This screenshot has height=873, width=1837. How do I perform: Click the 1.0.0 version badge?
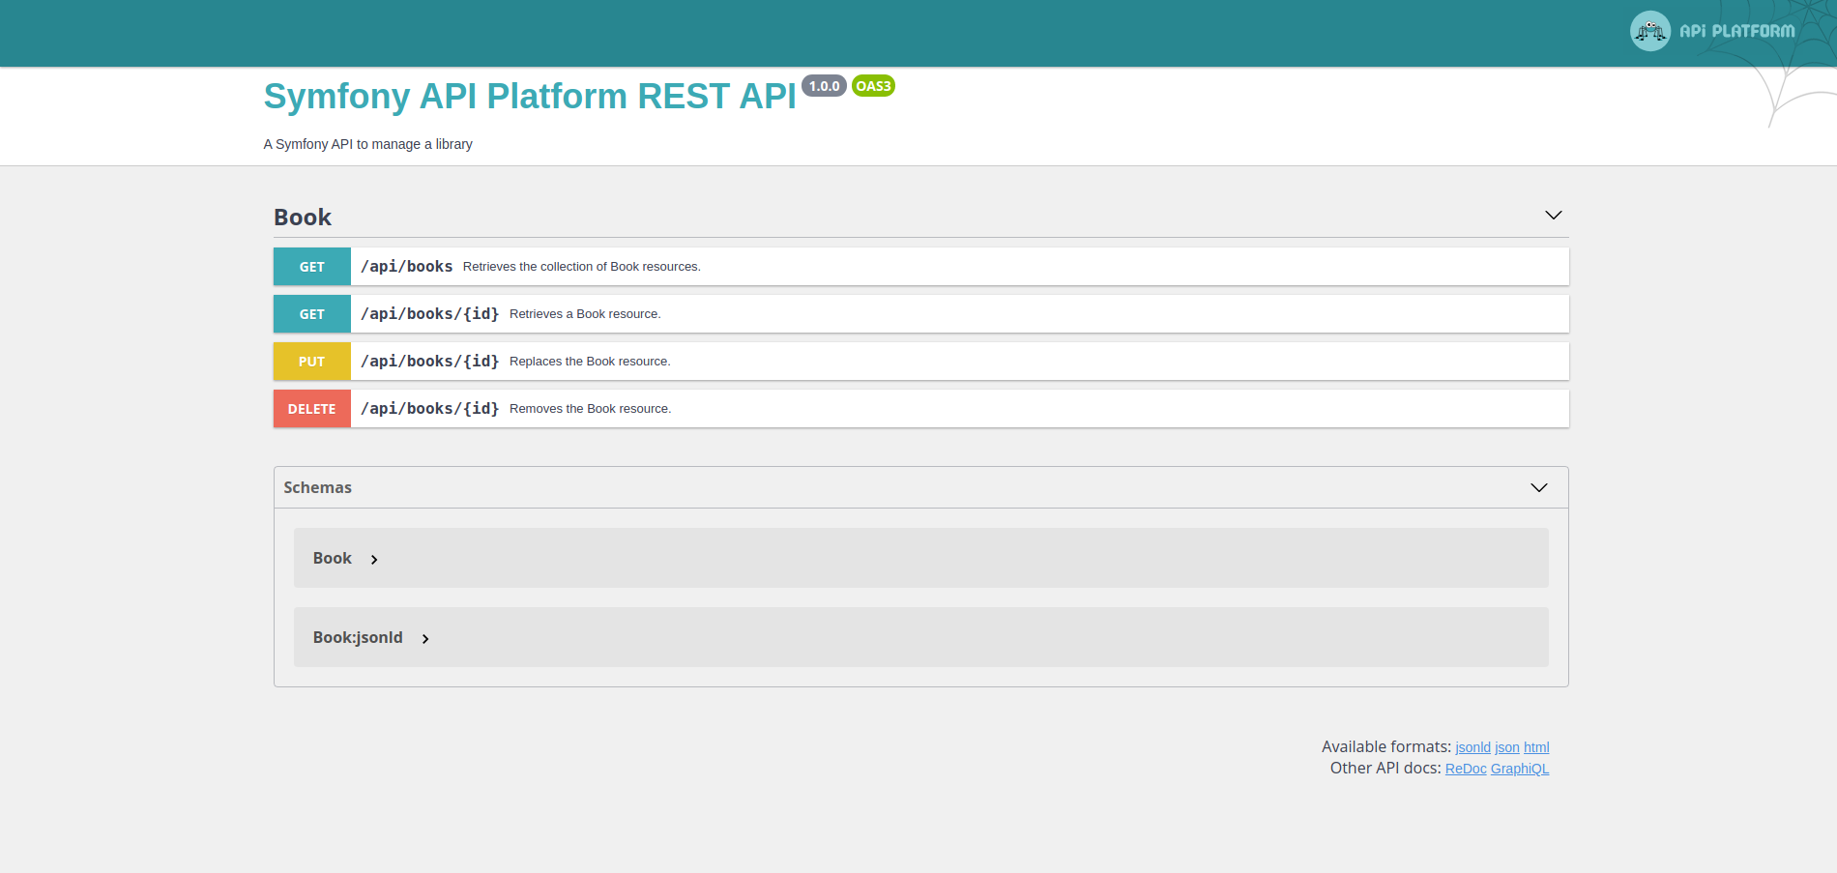824,86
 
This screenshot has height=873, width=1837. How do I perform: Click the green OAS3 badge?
873,86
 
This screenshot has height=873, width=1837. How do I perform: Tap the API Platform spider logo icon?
1649,31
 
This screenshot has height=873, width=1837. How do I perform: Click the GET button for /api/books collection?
312,267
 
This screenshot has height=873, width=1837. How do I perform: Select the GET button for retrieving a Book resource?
312,314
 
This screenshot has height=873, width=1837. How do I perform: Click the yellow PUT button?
312,362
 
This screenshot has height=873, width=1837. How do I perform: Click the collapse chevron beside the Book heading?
1553,215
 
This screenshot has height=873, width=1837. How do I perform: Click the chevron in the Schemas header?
1538,487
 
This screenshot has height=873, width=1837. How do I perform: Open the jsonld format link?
1473,747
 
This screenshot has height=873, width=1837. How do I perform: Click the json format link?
1507,747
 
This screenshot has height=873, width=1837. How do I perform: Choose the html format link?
1536,747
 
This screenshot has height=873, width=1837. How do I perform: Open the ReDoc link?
1466,769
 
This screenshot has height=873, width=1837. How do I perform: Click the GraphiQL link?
1520,769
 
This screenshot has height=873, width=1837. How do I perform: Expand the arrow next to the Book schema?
374,560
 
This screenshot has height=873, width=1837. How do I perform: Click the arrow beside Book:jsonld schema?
425,639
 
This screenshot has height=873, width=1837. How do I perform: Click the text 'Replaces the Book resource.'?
590,362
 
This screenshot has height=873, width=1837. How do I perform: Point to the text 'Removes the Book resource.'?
590,409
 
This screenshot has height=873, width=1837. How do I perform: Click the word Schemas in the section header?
317,487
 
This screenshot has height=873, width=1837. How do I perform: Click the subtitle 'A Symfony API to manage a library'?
368,144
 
